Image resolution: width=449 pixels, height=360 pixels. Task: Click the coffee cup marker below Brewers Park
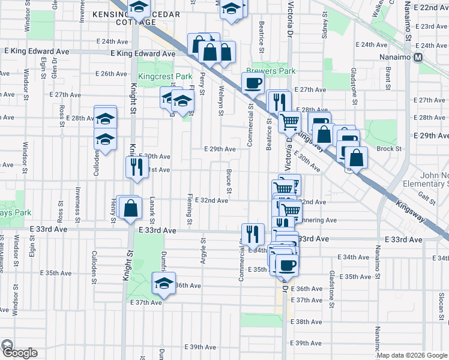[x=253, y=83]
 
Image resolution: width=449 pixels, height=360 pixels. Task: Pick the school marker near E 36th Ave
[x=163, y=284]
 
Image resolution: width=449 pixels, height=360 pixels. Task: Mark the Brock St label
[x=388, y=149]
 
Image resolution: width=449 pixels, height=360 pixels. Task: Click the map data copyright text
[x=411, y=355]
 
